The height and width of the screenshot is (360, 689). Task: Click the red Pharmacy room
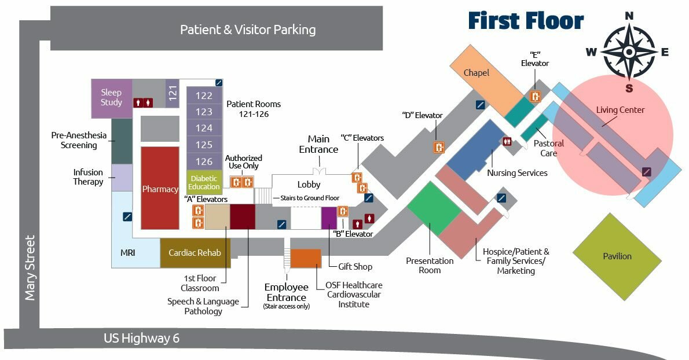pyautogui.click(x=160, y=188)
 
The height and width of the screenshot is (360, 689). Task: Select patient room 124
pyautogui.click(x=204, y=128)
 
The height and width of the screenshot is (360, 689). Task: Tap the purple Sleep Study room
pyautogui.click(x=112, y=98)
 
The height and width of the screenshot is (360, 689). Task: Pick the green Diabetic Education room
pyautogui.click(x=204, y=182)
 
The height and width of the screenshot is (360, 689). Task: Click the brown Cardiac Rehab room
pyautogui.click(x=195, y=253)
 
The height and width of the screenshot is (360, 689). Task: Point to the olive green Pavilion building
pyautogui.click(x=617, y=256)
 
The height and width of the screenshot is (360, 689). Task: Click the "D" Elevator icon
pyautogui.click(x=439, y=147)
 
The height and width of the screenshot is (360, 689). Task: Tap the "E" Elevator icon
pyautogui.click(x=536, y=97)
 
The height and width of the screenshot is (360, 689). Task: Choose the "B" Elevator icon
pyautogui.click(x=343, y=211)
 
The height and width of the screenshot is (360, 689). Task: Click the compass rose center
pyautogui.click(x=629, y=52)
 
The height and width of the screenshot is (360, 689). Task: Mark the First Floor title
pyautogui.click(x=525, y=21)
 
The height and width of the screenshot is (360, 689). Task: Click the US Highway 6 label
pyautogui.click(x=141, y=339)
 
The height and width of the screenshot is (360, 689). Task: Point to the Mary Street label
pyautogui.click(x=30, y=267)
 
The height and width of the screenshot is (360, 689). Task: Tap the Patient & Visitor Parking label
pyautogui.click(x=248, y=30)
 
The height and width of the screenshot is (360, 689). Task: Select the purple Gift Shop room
pyautogui.click(x=329, y=218)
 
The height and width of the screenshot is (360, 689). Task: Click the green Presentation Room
pyautogui.click(x=434, y=208)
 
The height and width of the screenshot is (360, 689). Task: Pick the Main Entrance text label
pyautogui.click(x=318, y=144)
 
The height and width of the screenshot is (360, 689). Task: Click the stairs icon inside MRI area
pyautogui.click(x=127, y=216)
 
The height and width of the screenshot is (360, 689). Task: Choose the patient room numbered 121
pyautogui.click(x=173, y=94)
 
